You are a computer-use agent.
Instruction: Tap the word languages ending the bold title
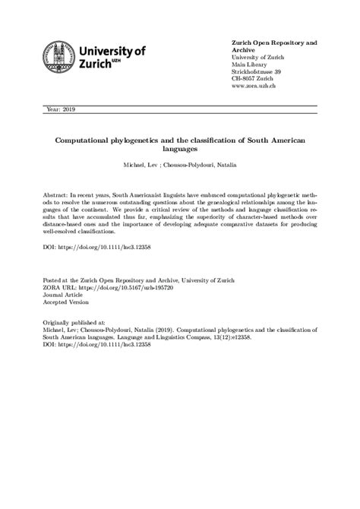tap(180, 151)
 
